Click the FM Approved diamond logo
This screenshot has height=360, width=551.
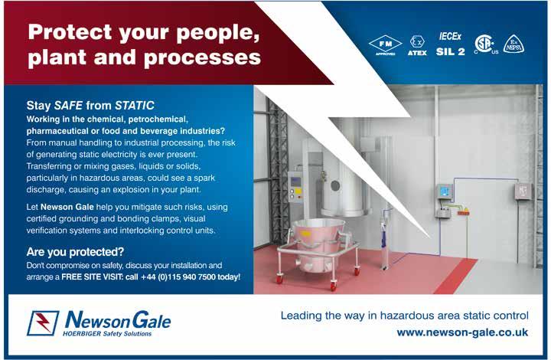pyautogui.click(x=385, y=44)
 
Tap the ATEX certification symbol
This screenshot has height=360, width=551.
pyautogui.click(x=417, y=46)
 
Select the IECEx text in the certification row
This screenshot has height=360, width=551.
pyautogui.click(x=450, y=36)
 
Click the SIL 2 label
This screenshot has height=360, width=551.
pyautogui.click(x=450, y=51)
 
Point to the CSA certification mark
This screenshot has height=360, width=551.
pyautogui.click(x=486, y=44)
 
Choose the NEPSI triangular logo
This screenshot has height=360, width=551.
pyautogui.click(x=514, y=44)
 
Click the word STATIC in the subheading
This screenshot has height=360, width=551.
pyautogui.click(x=135, y=105)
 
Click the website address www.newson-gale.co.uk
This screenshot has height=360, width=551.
pyautogui.click(x=462, y=332)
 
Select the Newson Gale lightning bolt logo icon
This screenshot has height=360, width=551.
pyautogui.click(x=43, y=322)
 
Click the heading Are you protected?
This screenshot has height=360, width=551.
pyautogui.click(x=75, y=252)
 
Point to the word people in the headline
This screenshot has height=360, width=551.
pyautogui.click(x=218, y=33)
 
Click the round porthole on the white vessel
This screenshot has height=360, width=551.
pyautogui.click(x=335, y=185)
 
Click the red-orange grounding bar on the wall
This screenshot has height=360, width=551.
pyautogui.click(x=462, y=212)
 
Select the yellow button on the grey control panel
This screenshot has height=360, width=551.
pyautogui.click(x=298, y=191)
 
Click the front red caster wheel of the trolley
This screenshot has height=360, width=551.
pyautogui.click(x=333, y=286)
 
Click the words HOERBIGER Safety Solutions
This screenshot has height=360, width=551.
pyautogui.click(x=107, y=334)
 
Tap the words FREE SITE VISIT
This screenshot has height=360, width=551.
pyautogui.click(x=92, y=277)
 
